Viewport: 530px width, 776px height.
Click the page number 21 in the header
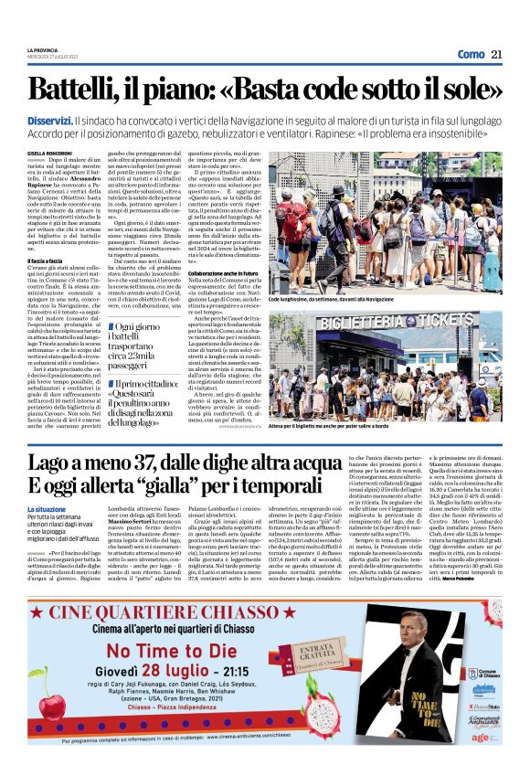496,54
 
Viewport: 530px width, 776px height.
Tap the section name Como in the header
471,54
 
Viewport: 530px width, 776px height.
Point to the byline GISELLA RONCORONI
48,154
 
